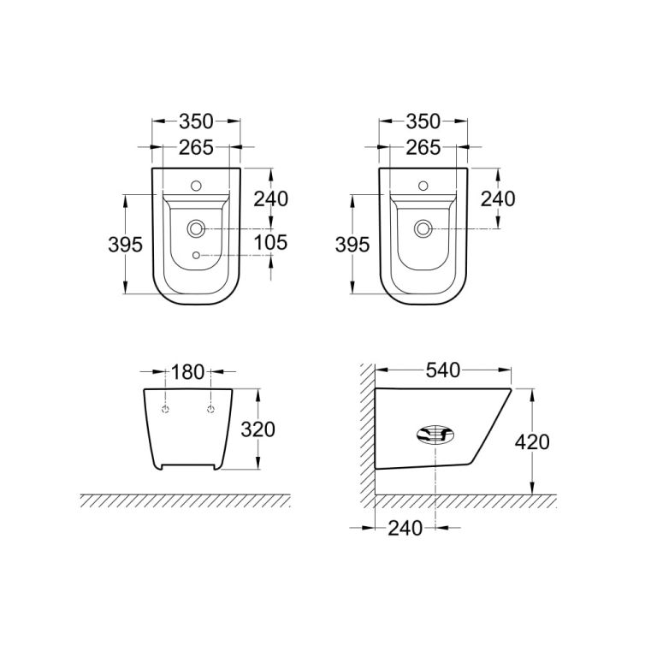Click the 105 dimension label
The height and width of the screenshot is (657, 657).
point(270,243)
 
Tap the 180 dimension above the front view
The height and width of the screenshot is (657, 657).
point(187,372)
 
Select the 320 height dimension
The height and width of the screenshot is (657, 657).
point(258,429)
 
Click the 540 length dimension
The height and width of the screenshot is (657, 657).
point(443,370)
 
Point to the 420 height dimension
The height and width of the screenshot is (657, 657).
point(532,442)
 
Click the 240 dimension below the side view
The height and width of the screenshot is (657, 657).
point(405,529)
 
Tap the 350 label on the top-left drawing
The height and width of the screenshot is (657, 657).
point(197,121)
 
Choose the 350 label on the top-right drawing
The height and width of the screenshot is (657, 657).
point(423,121)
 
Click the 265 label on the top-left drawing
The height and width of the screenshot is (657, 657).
point(196,147)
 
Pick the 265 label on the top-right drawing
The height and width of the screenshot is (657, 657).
point(423,147)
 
